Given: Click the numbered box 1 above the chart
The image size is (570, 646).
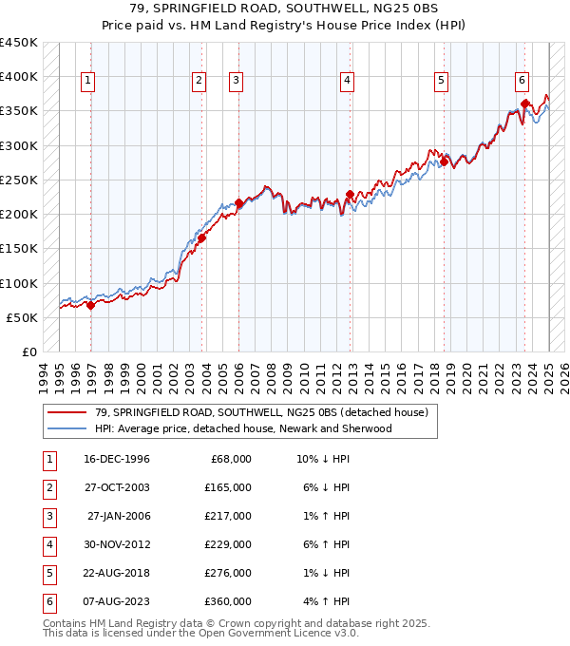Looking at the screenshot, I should (x=87, y=82).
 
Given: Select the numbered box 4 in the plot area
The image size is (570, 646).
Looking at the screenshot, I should (x=348, y=82).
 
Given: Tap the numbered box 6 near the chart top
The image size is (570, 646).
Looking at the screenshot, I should (x=522, y=82).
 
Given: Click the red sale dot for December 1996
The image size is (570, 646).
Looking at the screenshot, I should (x=90, y=305).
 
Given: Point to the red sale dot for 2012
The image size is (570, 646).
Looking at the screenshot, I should (x=350, y=195).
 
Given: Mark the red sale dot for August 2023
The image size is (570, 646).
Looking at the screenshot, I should (x=524, y=104).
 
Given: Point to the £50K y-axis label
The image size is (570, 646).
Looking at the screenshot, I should (x=22, y=317).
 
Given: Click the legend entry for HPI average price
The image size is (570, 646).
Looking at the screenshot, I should (x=242, y=428).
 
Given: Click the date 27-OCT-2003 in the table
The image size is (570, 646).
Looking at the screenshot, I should (x=117, y=487).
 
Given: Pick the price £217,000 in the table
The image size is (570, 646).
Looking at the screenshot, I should (x=230, y=516).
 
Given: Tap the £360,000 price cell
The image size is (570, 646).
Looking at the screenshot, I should (x=230, y=601).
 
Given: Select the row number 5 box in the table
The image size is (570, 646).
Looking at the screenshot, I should (x=47, y=573).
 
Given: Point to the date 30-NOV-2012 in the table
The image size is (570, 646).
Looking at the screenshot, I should (x=117, y=544).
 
